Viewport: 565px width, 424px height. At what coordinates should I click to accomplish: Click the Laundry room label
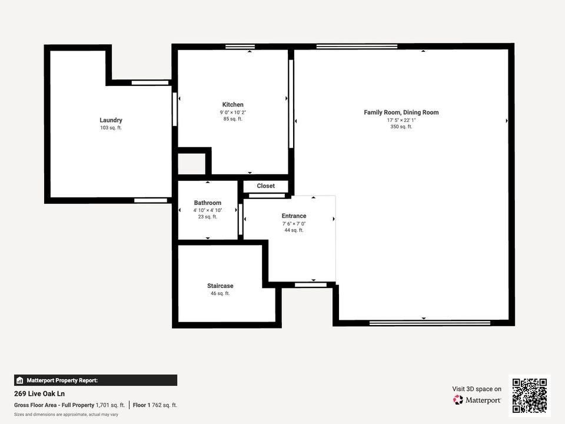click(x=111, y=120)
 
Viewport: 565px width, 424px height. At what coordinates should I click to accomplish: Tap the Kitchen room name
click(x=232, y=105)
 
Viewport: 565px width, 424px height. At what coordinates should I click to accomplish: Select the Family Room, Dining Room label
click(x=401, y=112)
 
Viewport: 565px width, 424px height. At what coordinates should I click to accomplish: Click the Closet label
click(x=265, y=186)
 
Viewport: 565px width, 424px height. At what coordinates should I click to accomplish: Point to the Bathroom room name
click(x=207, y=203)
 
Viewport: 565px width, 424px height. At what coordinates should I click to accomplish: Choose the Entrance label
click(x=294, y=216)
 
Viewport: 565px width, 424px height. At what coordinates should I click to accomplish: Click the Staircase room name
click(x=220, y=286)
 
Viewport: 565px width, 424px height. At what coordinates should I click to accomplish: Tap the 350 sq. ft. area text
click(x=401, y=127)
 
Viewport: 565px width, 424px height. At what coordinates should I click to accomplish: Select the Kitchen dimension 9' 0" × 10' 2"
click(x=232, y=112)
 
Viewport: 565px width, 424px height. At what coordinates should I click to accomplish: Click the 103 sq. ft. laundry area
click(x=111, y=128)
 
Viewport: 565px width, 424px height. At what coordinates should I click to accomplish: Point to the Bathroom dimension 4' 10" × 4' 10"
click(x=207, y=210)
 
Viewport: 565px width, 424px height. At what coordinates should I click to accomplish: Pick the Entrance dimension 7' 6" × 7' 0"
click(x=294, y=224)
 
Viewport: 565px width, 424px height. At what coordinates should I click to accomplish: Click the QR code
click(x=530, y=396)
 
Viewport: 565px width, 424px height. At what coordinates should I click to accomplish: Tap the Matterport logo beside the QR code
click(x=477, y=400)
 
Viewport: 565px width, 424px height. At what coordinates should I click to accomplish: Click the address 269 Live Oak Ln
click(x=39, y=393)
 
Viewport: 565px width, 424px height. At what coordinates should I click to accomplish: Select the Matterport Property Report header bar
click(x=95, y=380)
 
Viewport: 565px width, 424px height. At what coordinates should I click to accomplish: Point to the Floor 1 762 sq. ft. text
click(x=155, y=405)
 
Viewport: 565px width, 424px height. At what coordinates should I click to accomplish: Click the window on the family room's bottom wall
click(x=430, y=323)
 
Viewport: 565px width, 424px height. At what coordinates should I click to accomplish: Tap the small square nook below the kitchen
click(x=191, y=164)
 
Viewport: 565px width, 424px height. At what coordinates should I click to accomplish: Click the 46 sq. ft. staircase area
click(x=220, y=293)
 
